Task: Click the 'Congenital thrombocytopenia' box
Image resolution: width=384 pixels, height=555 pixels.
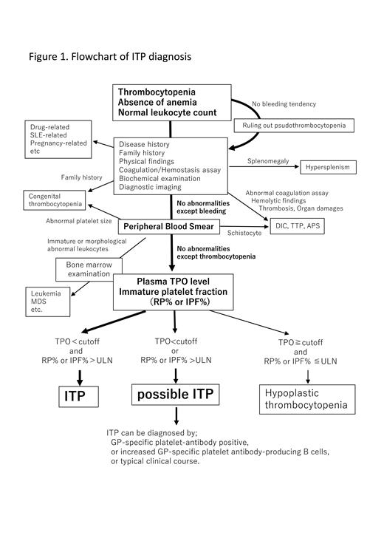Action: click(52, 200)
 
